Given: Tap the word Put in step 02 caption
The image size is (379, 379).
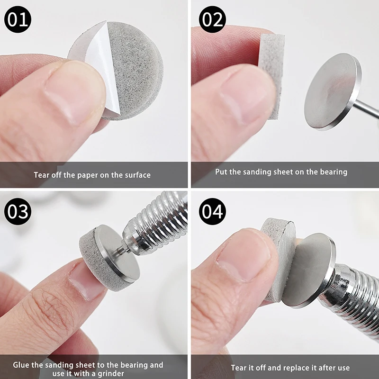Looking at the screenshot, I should coord(222,172).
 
